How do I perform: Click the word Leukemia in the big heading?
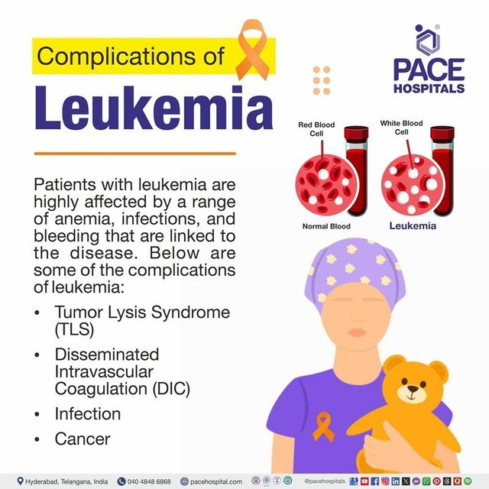click(x=143, y=108)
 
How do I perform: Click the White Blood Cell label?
click(x=401, y=127)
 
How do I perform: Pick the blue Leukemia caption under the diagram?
click(x=413, y=226)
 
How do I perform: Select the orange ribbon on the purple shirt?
click(x=324, y=424)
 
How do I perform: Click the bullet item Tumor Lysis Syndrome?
click(x=141, y=314)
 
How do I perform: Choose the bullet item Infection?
click(x=87, y=414)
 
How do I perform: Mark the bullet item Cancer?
click(x=82, y=439)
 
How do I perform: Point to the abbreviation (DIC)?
click(x=162, y=388)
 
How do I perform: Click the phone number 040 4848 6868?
click(x=149, y=481)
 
